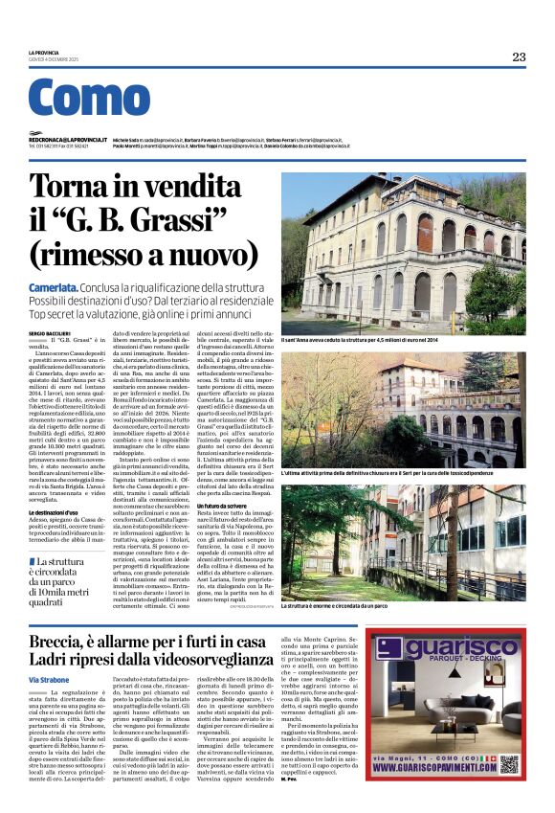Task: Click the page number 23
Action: pos(519,56)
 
